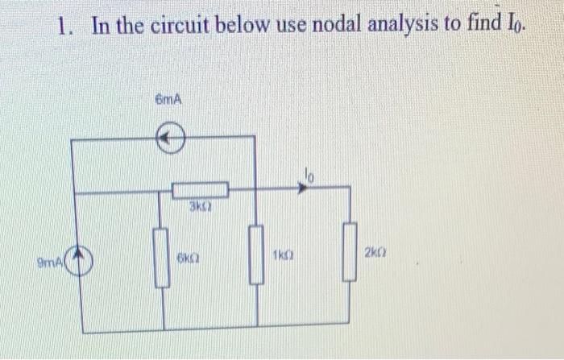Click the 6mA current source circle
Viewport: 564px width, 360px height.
point(170,140)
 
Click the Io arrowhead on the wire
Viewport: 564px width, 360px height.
point(303,188)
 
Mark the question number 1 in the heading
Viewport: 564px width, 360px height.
point(64,26)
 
